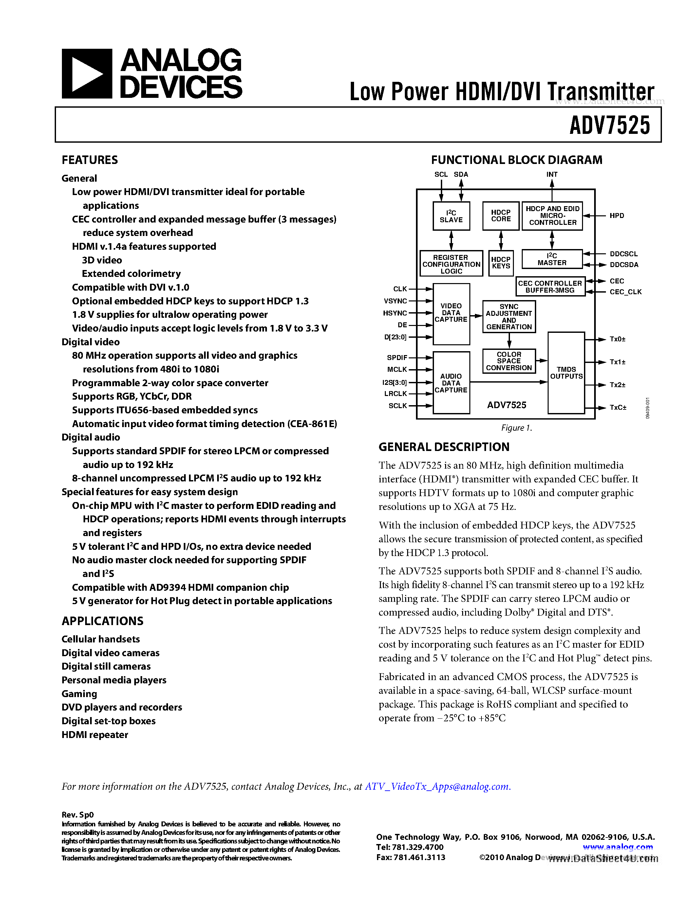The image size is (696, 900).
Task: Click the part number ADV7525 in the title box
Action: (610, 125)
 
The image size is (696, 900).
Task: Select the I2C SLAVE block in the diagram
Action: (451, 216)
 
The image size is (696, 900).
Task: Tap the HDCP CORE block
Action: (500, 216)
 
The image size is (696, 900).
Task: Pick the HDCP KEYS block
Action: (500, 263)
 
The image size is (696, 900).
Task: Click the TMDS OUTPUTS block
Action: (566, 372)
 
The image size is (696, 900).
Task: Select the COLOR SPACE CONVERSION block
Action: (509, 361)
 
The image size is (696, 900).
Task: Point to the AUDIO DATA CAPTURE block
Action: (451, 383)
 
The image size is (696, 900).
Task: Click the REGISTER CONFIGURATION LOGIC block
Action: (451, 264)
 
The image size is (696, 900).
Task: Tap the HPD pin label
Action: (616, 216)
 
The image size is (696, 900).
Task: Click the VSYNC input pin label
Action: (395, 301)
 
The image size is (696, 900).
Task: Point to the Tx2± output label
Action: (617, 385)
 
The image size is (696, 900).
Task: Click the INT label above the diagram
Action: (552, 174)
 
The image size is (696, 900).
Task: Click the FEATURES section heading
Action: (90, 160)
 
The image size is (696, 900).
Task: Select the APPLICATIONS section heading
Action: (103, 621)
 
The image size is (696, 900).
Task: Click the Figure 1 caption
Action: (516, 428)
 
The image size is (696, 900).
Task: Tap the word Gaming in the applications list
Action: (79, 693)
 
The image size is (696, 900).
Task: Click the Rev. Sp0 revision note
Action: (78, 815)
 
